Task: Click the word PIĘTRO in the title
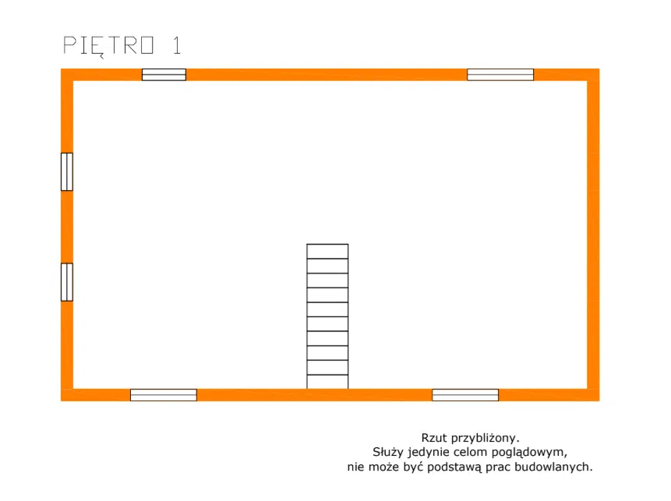[x=108, y=46]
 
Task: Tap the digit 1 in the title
[x=177, y=45]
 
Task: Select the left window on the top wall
[x=164, y=75]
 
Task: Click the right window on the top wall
[x=500, y=75]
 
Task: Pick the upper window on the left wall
[x=67, y=171]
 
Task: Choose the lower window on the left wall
[x=67, y=282]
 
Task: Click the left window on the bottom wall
[x=164, y=395]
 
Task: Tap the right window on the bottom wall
[x=465, y=395]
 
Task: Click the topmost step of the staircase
[x=327, y=251]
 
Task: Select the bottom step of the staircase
[x=327, y=382]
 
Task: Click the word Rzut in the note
[x=434, y=438]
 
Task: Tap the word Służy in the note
[x=388, y=452]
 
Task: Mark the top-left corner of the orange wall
[x=61, y=69]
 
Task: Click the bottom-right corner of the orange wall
[x=599, y=401]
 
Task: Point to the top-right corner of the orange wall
[x=599, y=69]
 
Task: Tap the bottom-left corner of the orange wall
[x=61, y=401]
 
